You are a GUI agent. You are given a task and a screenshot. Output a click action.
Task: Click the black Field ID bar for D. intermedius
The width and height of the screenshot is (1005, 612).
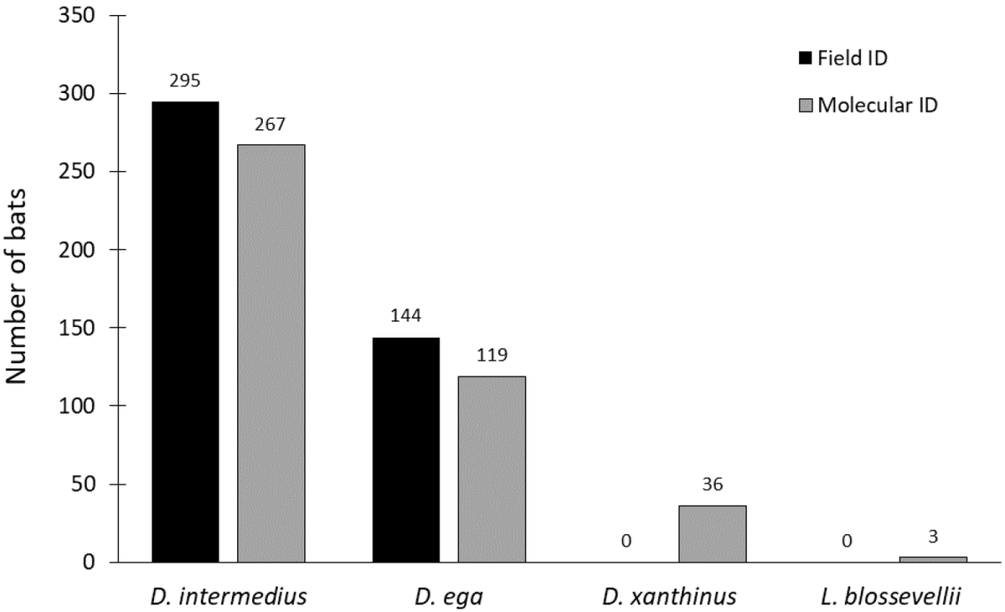coord(185,332)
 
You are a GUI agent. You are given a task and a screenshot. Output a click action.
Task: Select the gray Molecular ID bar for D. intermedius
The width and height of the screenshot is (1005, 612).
coord(271,354)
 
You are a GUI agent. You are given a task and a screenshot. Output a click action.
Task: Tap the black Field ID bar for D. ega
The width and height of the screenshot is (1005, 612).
coord(406,450)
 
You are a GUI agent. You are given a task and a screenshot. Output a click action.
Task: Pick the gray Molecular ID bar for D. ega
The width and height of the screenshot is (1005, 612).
coord(492,469)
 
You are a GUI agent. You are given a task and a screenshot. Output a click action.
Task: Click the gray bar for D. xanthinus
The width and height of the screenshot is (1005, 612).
coord(713,534)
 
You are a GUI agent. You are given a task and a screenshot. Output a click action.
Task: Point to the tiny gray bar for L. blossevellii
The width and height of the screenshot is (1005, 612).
coord(933,559)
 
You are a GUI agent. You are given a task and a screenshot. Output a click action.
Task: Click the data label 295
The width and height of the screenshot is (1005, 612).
coord(185,80)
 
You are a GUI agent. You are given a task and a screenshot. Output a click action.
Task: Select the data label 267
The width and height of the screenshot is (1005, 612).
coord(270,124)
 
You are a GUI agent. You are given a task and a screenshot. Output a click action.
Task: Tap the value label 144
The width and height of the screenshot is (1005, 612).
coord(405,316)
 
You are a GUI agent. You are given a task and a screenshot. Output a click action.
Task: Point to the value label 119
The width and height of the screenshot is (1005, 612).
coord(492,355)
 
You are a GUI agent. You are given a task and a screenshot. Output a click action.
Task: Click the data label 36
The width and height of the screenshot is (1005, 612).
coord(713,485)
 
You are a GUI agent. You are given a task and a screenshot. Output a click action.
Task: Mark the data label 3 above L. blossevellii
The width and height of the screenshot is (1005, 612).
coord(933,537)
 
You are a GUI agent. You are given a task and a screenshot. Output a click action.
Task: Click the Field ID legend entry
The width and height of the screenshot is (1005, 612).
coord(843,59)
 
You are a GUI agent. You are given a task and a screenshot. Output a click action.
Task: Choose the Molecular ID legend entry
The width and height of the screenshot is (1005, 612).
coord(868,106)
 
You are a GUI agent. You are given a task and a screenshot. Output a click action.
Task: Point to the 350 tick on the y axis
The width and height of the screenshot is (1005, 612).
coord(77,16)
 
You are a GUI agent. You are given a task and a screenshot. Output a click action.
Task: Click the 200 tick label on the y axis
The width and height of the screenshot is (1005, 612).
coord(77,250)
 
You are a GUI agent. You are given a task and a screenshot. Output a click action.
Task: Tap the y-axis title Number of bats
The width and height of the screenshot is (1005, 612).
coord(16,287)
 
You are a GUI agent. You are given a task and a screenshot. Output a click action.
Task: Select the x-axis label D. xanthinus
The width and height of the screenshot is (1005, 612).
coord(669,597)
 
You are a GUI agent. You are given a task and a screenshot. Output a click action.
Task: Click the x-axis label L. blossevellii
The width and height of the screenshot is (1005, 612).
coord(891,597)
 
